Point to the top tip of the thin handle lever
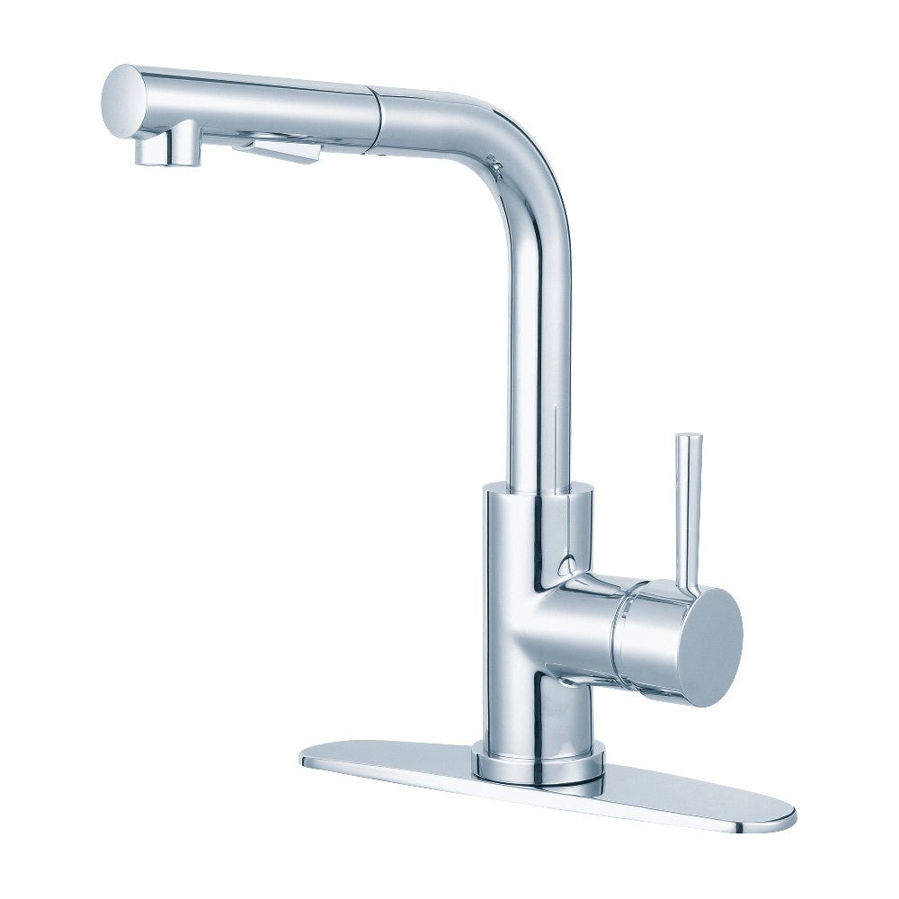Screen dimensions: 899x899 click(x=690, y=440)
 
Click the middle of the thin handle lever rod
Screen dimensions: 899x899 click(x=691, y=512)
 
